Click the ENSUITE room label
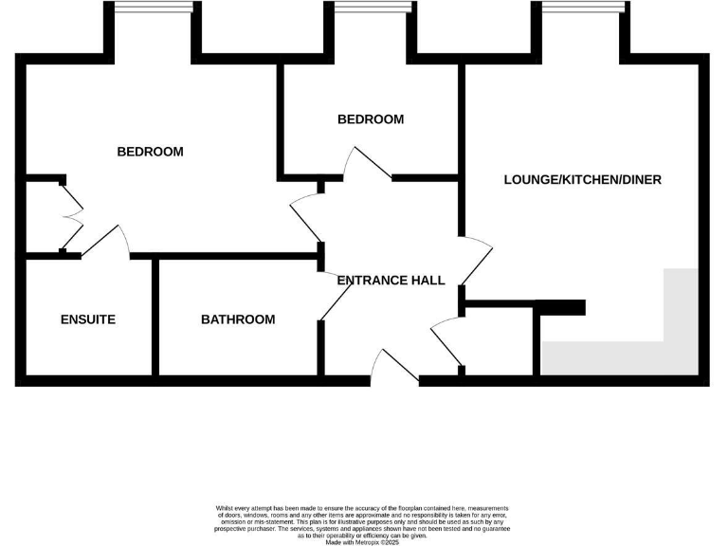pos(87,319)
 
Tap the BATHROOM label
pos(238,319)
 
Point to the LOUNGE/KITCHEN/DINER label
pos(582,179)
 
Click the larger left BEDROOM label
pos(150,152)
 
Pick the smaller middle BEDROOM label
pos(371,119)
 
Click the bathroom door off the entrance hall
pos(334,296)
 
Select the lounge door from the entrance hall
pos(476,264)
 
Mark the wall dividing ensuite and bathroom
pos(155,317)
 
